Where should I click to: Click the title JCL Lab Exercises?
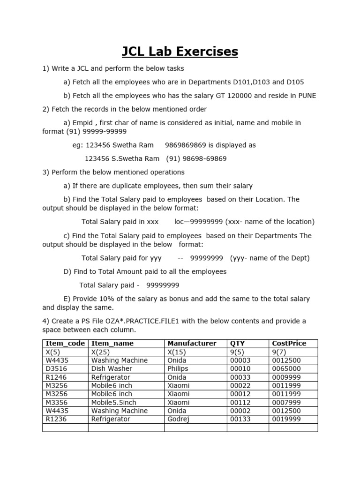[180, 51]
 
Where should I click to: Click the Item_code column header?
[64, 344]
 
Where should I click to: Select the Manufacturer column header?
[192, 344]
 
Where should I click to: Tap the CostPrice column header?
[289, 344]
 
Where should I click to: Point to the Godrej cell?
[178, 420]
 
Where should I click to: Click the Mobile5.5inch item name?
[114, 403]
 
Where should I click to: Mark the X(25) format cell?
[100, 352]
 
